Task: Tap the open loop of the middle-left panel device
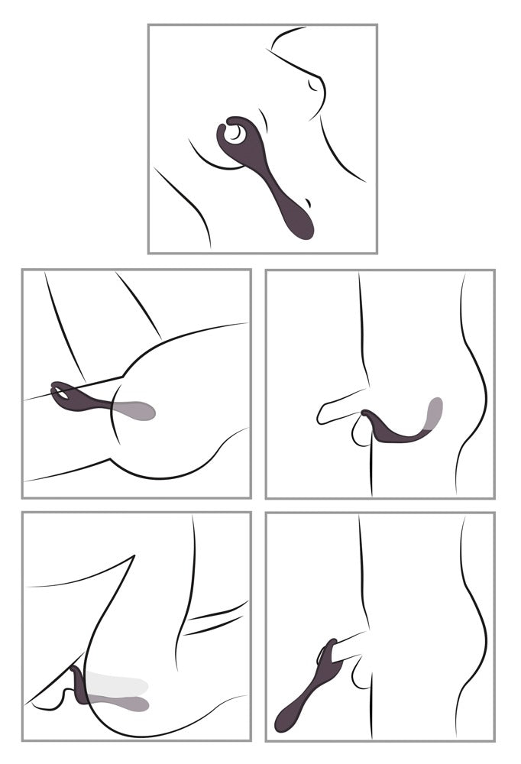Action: coord(66,393)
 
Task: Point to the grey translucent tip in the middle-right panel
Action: coord(435,413)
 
